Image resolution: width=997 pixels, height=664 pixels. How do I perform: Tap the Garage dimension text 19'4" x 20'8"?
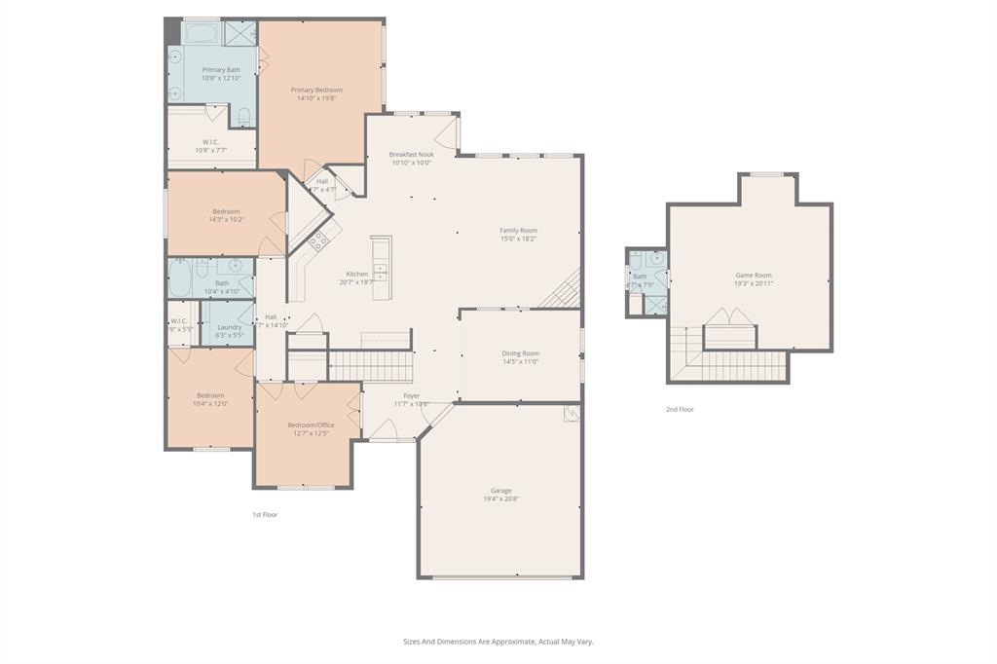(500, 498)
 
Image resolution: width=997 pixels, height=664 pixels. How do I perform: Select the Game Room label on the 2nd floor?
(753, 276)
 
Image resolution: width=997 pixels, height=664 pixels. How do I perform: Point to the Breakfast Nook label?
(411, 154)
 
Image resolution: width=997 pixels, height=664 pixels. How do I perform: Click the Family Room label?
(518, 230)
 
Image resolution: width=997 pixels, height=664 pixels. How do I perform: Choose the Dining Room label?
(520, 353)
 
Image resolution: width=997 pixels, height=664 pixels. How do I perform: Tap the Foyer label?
(412, 395)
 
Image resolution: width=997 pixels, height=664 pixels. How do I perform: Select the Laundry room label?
(230, 327)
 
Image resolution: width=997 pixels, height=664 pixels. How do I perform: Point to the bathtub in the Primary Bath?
(202, 34)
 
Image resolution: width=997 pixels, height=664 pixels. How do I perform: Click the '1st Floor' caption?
(265, 514)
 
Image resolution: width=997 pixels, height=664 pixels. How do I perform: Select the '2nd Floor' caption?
(680, 409)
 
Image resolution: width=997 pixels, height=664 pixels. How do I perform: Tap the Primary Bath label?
(220, 70)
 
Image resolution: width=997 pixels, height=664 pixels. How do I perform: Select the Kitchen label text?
(357, 274)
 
